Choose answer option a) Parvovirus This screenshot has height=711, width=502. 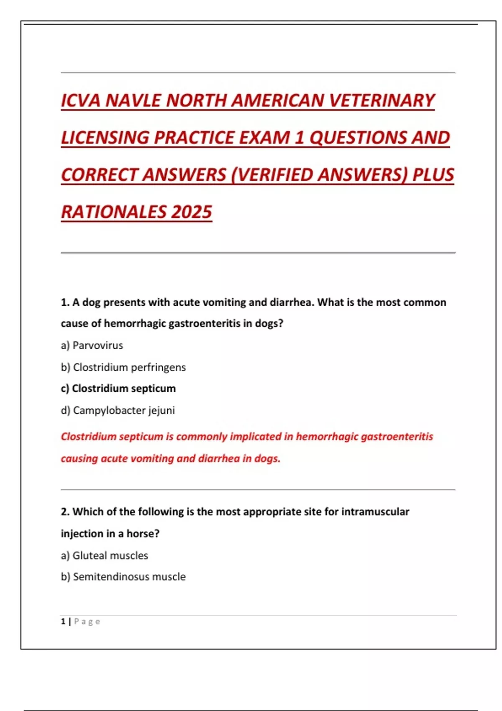pyautogui.click(x=92, y=345)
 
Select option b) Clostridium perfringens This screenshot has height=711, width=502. pyautogui.click(x=123, y=367)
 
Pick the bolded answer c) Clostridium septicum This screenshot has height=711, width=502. pyautogui.click(x=118, y=389)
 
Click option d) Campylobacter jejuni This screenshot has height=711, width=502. pyautogui.click(x=118, y=410)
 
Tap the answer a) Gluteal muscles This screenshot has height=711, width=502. pyautogui.click(x=105, y=555)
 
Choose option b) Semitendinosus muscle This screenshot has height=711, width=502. pyautogui.click(x=123, y=577)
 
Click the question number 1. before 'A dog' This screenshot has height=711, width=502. pyautogui.click(x=65, y=302)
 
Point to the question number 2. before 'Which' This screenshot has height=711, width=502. pyautogui.click(x=65, y=512)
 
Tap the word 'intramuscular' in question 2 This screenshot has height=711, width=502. pyautogui.click(x=375, y=512)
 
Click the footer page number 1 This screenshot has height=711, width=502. pyautogui.click(x=63, y=621)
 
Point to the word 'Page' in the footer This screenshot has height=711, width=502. pyautogui.click(x=87, y=621)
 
